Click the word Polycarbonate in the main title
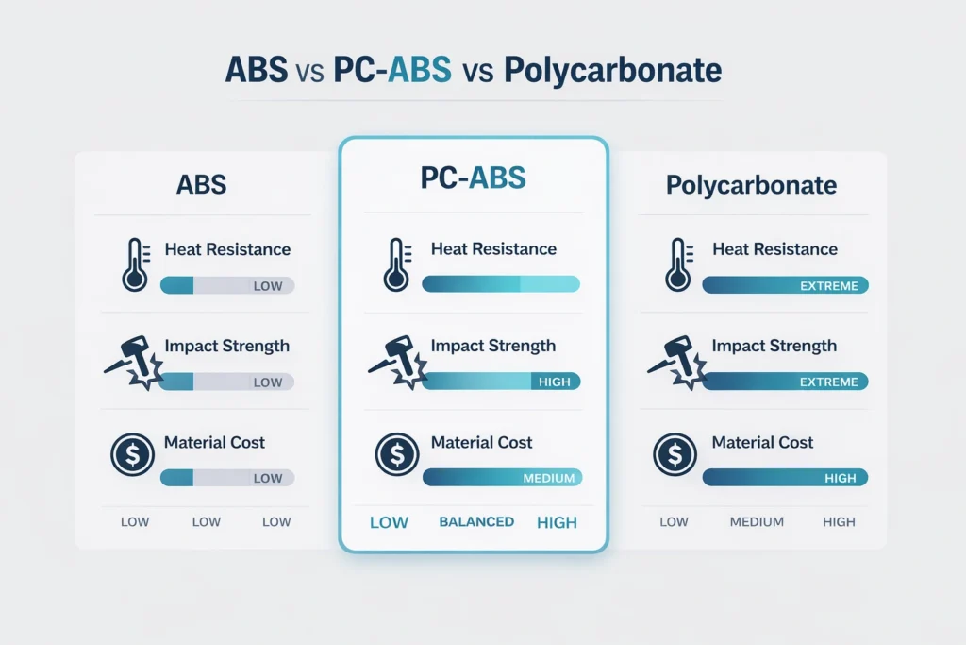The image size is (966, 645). pyautogui.click(x=612, y=72)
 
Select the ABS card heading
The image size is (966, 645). pyautogui.click(x=201, y=183)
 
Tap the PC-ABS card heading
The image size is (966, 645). pyautogui.click(x=473, y=178)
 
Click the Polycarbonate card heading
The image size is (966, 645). pyautogui.click(x=751, y=184)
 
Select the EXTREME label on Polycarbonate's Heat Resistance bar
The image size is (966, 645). pyautogui.click(x=827, y=285)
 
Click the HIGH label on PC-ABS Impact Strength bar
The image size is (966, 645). pyautogui.click(x=553, y=382)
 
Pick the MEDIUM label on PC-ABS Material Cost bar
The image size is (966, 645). pyautogui.click(x=548, y=478)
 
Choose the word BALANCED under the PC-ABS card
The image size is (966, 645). pyautogui.click(x=476, y=521)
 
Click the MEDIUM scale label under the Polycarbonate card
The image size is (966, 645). pyautogui.click(x=757, y=522)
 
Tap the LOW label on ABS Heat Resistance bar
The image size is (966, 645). pyautogui.click(x=268, y=286)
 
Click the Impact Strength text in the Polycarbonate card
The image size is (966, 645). pyautogui.click(x=774, y=346)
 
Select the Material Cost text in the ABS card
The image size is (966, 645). pyautogui.click(x=214, y=442)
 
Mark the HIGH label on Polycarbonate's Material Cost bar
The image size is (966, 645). pyautogui.click(x=840, y=478)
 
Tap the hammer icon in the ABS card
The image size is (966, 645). pyautogui.click(x=133, y=365)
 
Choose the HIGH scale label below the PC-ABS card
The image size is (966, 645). pyautogui.click(x=556, y=522)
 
